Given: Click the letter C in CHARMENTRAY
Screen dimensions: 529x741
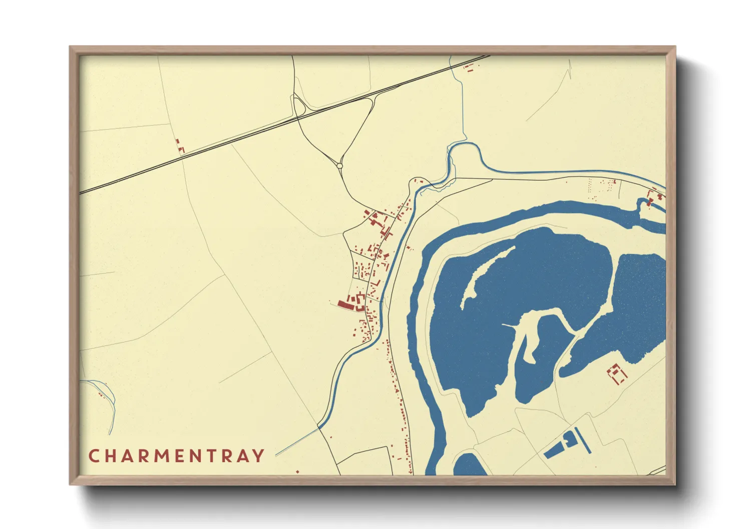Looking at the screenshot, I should (x=93, y=456).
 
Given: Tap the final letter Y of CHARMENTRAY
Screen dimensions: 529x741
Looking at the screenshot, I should (x=259, y=456).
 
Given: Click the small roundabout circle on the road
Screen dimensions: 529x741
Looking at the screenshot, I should (x=340, y=165).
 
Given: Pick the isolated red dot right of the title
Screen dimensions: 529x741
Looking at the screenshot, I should (x=297, y=471).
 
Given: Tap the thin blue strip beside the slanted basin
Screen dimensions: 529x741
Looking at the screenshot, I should (x=584, y=440).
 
